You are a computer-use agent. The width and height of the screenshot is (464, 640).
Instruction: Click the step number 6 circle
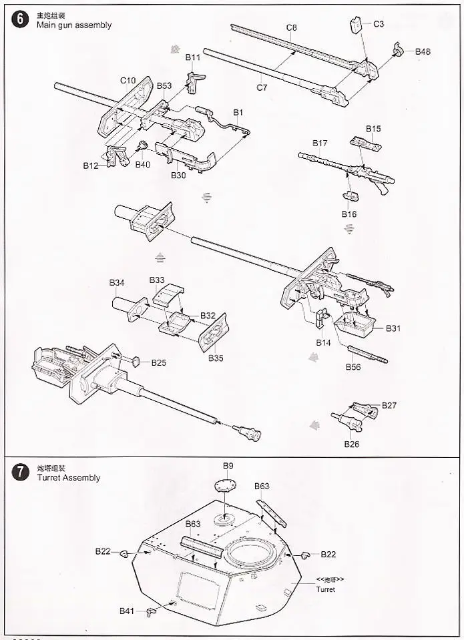(21, 19)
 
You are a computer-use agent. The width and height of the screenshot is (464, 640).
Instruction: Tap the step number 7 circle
(21, 472)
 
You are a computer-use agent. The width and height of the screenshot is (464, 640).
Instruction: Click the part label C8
(292, 27)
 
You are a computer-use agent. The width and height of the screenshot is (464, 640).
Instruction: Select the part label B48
(423, 51)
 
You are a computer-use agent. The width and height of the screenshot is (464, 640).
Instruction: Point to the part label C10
(128, 81)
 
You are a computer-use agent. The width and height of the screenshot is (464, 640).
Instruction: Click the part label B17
(320, 143)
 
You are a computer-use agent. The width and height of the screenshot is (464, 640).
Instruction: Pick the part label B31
(393, 328)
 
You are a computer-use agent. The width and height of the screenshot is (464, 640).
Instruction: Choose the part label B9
(228, 466)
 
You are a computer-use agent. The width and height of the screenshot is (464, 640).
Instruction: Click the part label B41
(127, 611)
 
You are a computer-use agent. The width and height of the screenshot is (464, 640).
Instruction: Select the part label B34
(117, 283)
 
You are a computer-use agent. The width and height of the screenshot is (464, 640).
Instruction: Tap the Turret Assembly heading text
(68, 478)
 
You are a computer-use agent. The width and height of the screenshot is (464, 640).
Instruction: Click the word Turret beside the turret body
(326, 589)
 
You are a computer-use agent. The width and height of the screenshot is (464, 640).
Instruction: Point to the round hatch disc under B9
(227, 487)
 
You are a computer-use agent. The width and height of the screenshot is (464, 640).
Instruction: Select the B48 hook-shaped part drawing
(398, 49)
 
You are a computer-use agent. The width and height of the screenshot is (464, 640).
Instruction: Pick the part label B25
(158, 362)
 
